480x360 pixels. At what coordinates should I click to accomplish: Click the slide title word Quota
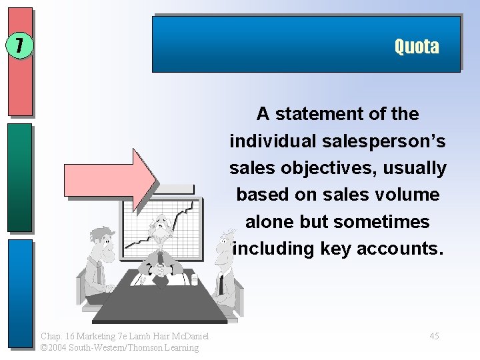coord(416,47)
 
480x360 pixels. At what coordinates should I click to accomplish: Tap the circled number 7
coord(19,45)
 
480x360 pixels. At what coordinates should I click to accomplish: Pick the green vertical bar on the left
coord(20,177)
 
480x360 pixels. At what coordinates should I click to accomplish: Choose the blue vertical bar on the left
coord(20,293)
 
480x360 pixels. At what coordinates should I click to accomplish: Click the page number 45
coord(434,336)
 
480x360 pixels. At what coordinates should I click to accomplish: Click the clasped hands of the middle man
coord(161,270)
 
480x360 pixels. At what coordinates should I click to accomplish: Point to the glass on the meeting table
coord(194,279)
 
